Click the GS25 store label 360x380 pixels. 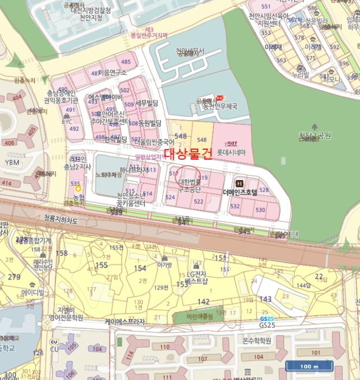tap(267, 325)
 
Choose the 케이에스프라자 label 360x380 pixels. tap(125, 322)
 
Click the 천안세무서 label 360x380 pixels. tap(190, 52)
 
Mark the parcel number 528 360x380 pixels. tap(264, 189)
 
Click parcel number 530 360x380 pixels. tap(260, 210)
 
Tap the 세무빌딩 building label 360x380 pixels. tap(147, 102)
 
